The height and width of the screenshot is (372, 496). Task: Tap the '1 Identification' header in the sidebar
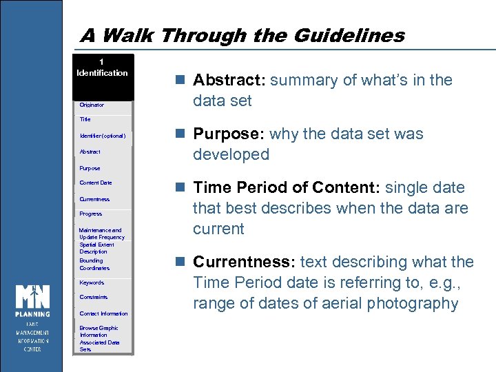pos(102,68)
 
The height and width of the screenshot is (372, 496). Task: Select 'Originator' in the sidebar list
pos(92,105)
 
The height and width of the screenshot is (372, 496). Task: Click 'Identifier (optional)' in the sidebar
pos(102,136)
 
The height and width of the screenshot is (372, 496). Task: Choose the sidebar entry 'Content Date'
pos(95,183)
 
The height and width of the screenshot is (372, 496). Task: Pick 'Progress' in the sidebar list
pos(90,214)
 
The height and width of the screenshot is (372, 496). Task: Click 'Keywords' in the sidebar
pos(92,282)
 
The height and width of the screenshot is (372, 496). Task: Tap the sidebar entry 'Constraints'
pos(94,297)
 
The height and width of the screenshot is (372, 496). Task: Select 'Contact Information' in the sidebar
pos(103,313)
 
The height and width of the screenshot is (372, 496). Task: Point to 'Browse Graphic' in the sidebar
pos(99,328)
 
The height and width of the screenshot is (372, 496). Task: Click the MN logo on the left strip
pos(32,297)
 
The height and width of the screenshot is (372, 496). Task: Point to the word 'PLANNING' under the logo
pos(32,314)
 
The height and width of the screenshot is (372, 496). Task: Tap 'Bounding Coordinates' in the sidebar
pos(94,264)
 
